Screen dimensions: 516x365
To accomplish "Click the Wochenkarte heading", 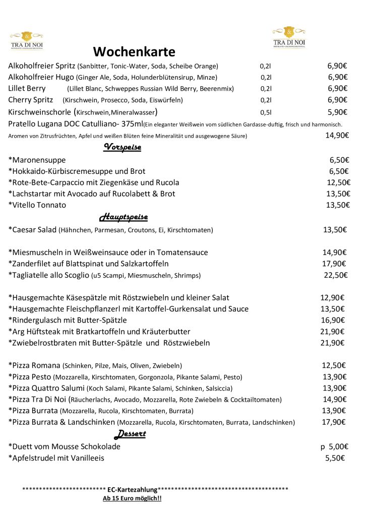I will [134, 52].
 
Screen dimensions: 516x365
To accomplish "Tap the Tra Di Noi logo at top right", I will [289, 37].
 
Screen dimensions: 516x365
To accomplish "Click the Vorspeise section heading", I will [122, 147].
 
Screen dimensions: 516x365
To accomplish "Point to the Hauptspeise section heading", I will [124, 217].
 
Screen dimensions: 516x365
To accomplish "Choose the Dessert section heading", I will [131, 434].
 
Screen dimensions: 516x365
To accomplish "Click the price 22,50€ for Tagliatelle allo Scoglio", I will [335, 275].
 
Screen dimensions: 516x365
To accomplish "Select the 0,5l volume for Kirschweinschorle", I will [266, 112].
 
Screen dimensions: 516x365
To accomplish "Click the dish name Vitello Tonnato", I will [39, 205].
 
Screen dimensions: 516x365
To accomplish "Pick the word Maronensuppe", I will [39, 160].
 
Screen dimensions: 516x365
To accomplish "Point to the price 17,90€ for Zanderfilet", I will [334, 264].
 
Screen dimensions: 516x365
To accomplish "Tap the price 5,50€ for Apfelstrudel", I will [335, 458].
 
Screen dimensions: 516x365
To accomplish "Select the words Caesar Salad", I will [34, 230].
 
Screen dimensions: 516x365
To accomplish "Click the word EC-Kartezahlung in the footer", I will [133, 489].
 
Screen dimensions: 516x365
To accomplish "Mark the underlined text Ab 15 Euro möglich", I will [132, 499].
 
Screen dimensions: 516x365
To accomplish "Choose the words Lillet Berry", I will [27, 88].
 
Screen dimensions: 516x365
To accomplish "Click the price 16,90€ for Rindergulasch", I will [333, 320].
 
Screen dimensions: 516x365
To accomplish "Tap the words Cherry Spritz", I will [31, 100].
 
